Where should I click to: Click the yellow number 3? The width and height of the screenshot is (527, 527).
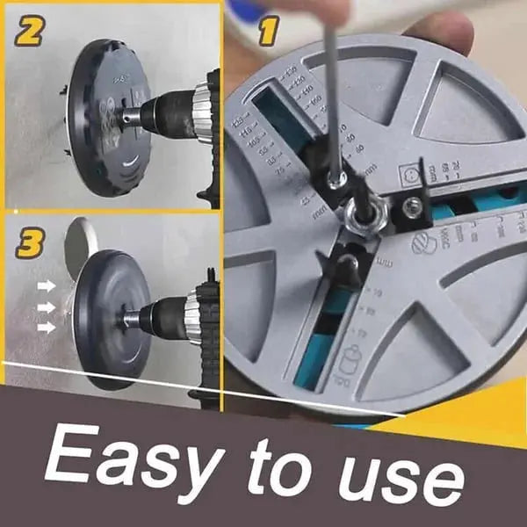(x=30, y=244)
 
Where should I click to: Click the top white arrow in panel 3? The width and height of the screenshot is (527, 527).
(x=47, y=285)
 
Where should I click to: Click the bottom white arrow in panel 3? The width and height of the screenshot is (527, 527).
(x=47, y=327)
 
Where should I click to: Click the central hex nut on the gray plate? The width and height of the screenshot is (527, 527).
(x=360, y=215)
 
